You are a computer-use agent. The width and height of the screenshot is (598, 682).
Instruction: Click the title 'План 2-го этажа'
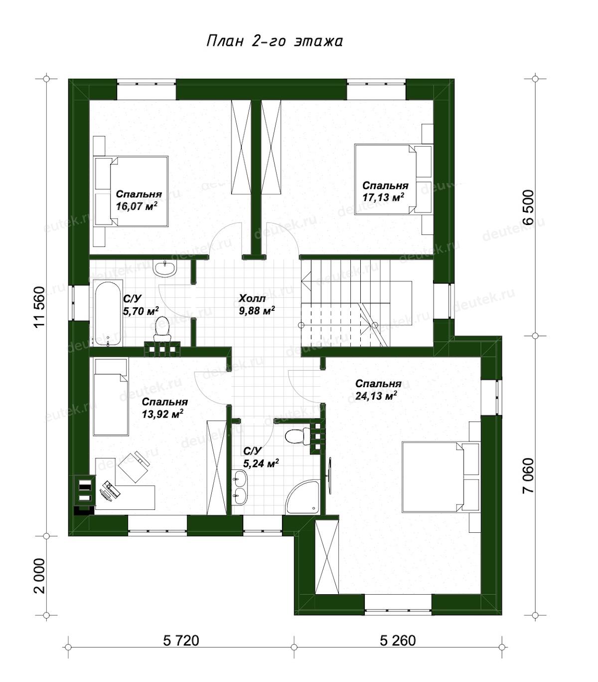click(274, 41)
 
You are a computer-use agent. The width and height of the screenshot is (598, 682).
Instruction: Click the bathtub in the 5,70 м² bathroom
click(107, 312)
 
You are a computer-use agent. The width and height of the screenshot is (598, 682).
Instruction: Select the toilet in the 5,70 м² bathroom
click(162, 329)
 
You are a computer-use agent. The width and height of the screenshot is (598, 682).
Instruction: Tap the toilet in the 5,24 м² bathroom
click(298, 436)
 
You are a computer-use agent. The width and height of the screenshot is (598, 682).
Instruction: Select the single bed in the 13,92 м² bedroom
click(111, 397)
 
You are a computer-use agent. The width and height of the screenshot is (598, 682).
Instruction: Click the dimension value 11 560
click(40, 307)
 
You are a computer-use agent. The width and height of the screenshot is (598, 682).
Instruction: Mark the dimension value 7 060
click(528, 475)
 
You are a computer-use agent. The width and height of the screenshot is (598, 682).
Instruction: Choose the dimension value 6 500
click(528, 208)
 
